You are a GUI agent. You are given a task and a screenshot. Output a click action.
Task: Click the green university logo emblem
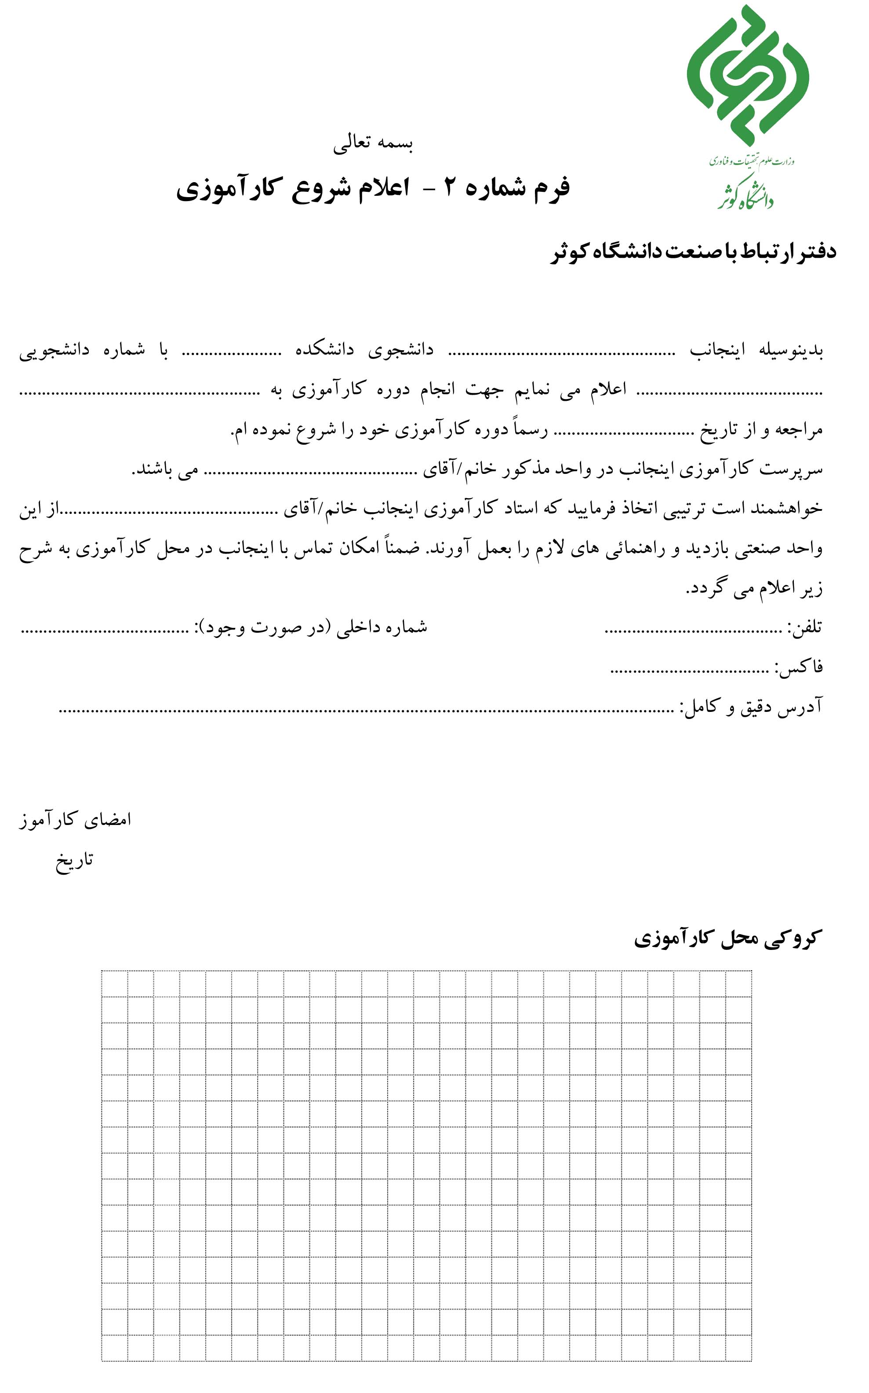click(747, 75)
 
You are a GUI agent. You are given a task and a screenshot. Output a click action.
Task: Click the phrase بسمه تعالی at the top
click(373, 143)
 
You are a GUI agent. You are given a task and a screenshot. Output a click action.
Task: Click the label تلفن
click(805, 627)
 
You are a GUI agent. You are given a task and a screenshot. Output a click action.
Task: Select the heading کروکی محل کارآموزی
click(727, 938)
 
